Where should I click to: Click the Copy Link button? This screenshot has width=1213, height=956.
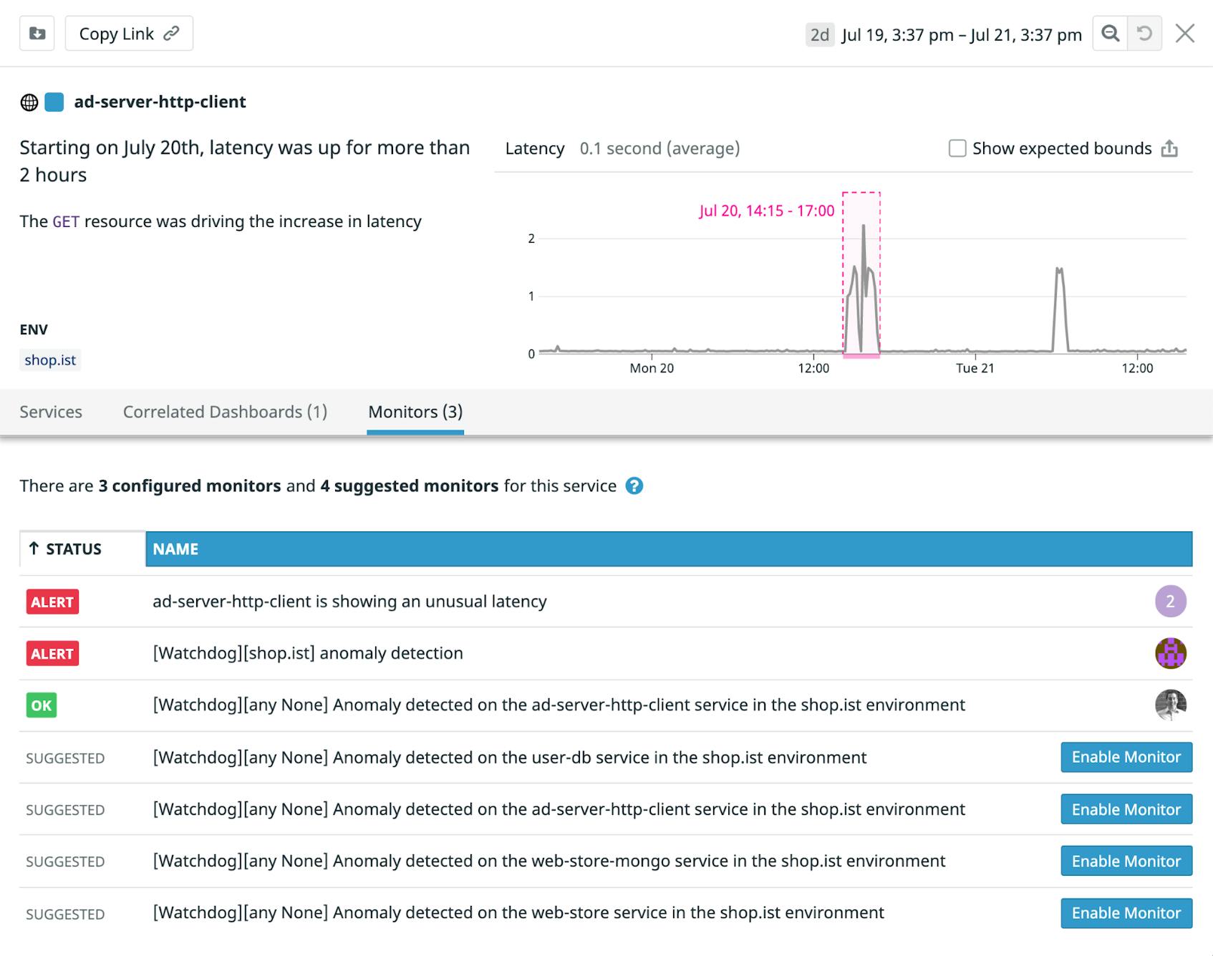coord(129,34)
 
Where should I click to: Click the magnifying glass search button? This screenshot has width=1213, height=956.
coord(1110,34)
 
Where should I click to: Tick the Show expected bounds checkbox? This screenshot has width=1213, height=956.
coord(957,148)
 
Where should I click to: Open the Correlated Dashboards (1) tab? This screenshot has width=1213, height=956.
coord(225,412)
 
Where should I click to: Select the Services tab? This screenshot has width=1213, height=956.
coord(51,412)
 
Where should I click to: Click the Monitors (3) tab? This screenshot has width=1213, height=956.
coord(415,412)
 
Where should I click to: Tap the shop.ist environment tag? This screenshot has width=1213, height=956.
coord(50,359)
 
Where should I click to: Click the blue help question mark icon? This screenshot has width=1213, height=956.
coord(634,486)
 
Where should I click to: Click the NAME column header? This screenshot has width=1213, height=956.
coord(175,549)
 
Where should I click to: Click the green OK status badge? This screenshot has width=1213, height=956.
coord(42,705)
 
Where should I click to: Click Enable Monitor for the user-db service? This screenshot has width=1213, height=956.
coord(1126,757)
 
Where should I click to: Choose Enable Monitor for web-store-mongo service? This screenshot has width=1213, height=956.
coord(1126,861)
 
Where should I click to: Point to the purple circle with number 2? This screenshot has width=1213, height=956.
coord(1170,602)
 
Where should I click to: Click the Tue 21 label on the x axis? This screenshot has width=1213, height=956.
coord(975,368)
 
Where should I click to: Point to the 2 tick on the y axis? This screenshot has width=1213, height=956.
coord(531,238)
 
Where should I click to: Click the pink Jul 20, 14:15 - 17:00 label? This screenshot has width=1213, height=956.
coord(766,211)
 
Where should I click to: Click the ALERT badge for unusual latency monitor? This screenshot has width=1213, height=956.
coord(52,602)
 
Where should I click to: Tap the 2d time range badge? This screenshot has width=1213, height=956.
coord(820,34)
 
